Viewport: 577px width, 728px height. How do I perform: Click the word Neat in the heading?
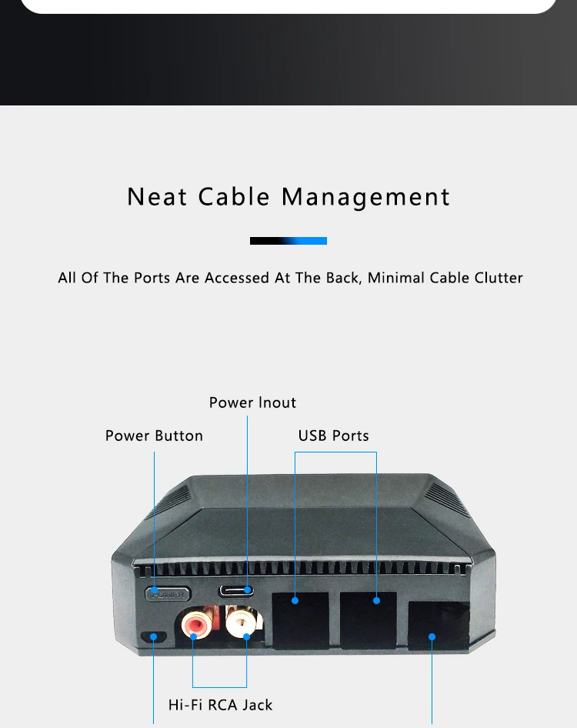[157, 197]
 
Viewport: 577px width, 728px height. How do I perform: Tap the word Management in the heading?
[365, 197]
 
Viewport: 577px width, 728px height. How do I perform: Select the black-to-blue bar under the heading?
[288, 241]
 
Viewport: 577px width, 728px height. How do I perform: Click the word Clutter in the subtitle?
[496, 278]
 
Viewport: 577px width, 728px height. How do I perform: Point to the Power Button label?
[154, 436]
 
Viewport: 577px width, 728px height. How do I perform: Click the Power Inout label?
[252, 402]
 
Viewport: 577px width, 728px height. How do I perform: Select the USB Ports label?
[333, 436]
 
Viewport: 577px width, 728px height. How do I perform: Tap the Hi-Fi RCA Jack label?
[220, 704]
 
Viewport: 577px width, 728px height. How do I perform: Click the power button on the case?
[167, 593]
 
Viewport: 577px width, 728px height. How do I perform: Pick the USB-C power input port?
[236, 591]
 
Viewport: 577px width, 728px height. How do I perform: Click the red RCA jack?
[195, 624]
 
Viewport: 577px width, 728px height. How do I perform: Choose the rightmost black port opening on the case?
[437, 628]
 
